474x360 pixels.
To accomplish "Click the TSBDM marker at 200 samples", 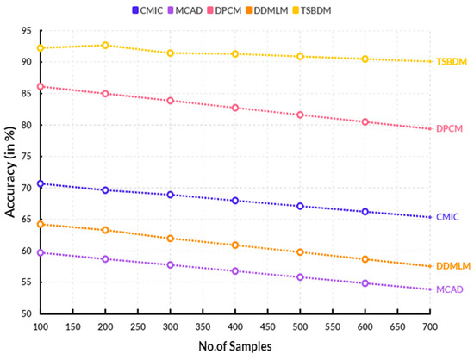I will [105, 45].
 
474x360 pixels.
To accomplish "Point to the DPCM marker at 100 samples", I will [40, 86].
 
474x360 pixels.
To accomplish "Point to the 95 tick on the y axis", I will [26, 30].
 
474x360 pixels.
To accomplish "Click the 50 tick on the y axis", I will [26, 313].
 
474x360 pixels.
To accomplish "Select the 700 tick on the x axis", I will [430, 326].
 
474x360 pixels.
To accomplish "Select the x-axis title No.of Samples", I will [234, 346].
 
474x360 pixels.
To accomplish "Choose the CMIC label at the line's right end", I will [449, 217].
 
